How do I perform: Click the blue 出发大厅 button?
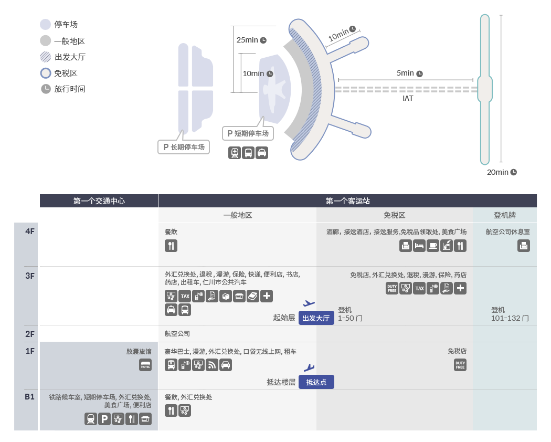(316, 318)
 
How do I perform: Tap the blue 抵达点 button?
(316, 382)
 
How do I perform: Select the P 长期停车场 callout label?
(184, 147)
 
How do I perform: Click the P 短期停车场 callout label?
(248, 133)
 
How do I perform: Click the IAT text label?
(408, 98)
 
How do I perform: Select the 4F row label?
(30, 231)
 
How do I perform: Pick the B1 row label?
(29, 397)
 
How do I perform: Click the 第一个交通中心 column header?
(99, 201)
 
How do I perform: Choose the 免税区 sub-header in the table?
(394, 215)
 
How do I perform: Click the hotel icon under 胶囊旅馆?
(145, 365)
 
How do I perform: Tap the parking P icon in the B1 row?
(104, 419)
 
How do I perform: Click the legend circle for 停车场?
(45, 24)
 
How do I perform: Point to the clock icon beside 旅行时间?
(46, 89)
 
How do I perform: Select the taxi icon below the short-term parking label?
(262, 153)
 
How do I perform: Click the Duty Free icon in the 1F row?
(460, 365)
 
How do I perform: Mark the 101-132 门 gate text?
(510, 318)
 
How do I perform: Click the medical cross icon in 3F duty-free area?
(460, 288)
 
